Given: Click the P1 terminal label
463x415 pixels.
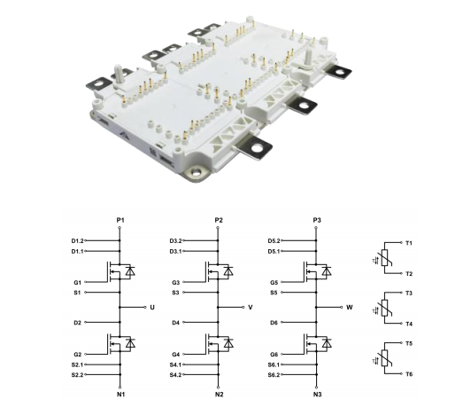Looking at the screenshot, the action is coord(120,220).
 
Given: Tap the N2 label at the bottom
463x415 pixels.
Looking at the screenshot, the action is coord(219,395).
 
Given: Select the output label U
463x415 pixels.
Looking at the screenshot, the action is coord(152,308).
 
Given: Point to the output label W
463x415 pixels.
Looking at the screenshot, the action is coord(350,308).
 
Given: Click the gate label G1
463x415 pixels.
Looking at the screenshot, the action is coord(77,283).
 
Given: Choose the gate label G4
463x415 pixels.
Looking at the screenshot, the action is coord(175,355).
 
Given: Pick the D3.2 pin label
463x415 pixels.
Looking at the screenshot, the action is coord(175,241).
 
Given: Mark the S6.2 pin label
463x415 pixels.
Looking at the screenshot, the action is coord(274,375).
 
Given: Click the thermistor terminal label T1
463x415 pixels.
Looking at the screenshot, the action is coord(409,243).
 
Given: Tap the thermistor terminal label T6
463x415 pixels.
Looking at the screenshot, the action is coord(409,374).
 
